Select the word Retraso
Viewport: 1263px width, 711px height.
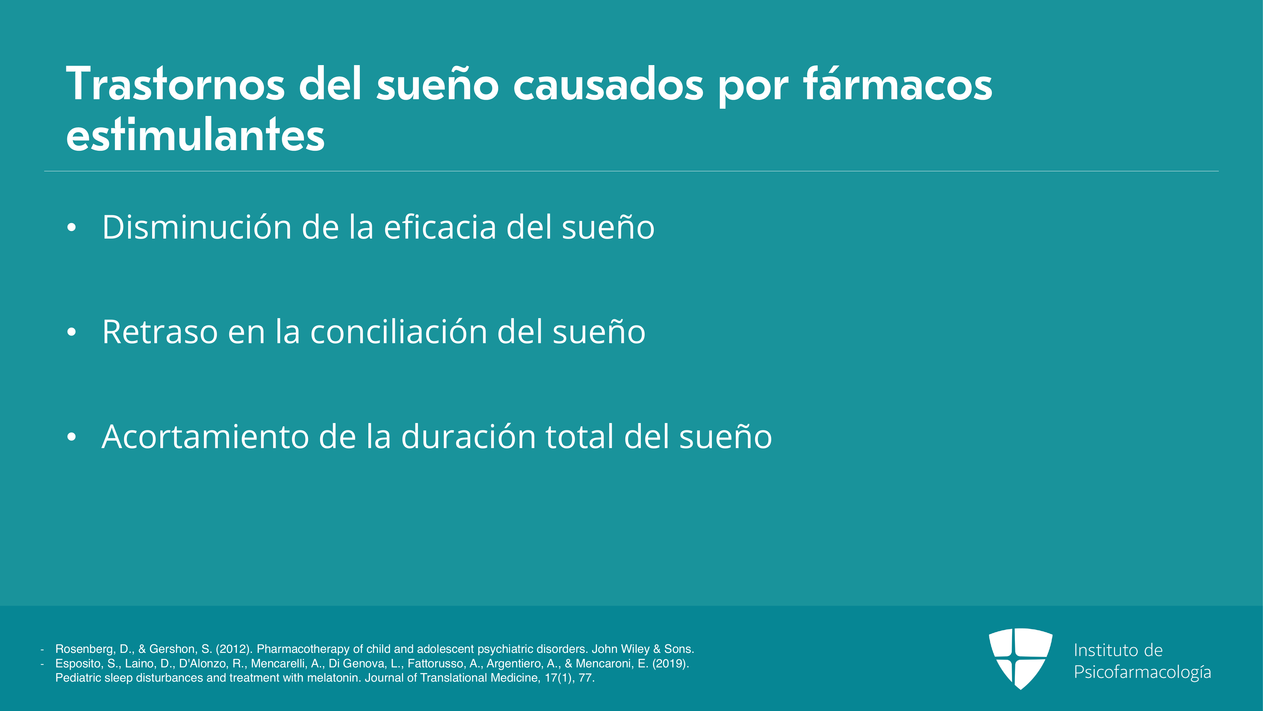[160, 332]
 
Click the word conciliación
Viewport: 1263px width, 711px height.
[399, 332]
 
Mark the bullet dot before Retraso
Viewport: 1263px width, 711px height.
[72, 332]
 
